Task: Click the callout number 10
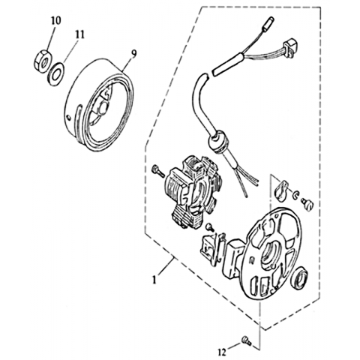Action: point(56,20)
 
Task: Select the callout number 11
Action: point(79,34)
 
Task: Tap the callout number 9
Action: point(134,53)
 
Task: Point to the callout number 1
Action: point(154,280)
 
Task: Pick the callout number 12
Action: point(222,352)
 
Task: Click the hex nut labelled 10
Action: point(42,61)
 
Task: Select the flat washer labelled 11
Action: point(56,74)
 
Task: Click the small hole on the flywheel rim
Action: point(69,116)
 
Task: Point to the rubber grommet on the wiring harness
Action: point(218,141)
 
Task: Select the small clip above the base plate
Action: point(281,190)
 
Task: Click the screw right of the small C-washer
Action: point(307,205)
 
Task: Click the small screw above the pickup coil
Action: point(210,227)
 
